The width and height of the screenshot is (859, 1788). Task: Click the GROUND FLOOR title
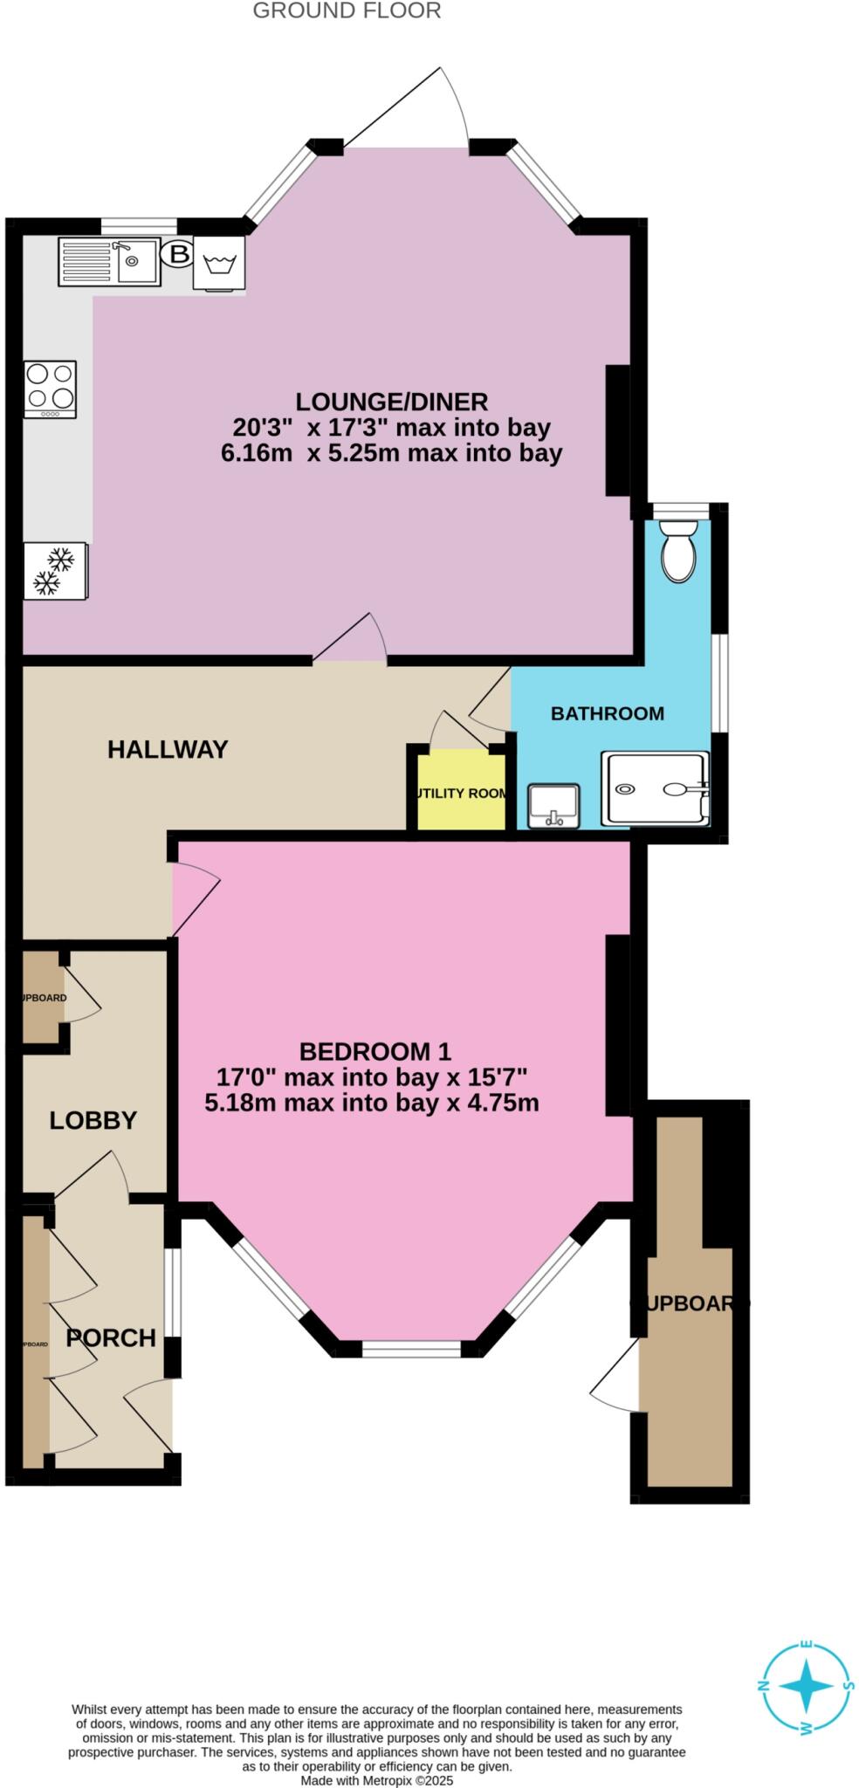(339, 10)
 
